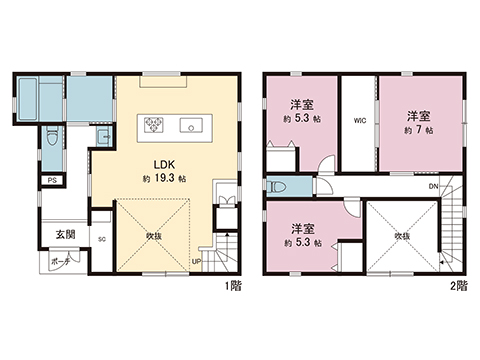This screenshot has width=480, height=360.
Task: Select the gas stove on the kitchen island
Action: tap(154, 125)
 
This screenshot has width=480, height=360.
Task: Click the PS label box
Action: tap(51, 181)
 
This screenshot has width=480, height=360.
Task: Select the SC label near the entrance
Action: tap(101, 240)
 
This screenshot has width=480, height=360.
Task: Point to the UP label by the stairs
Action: tap(196, 263)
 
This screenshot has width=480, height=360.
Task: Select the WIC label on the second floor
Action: tap(359, 122)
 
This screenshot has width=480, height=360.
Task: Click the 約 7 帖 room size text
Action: tap(418, 130)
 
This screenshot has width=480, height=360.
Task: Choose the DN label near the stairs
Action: tap(434, 187)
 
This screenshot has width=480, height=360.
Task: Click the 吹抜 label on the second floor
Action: tap(401, 236)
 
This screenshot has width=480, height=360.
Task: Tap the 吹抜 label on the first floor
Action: tap(154, 237)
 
